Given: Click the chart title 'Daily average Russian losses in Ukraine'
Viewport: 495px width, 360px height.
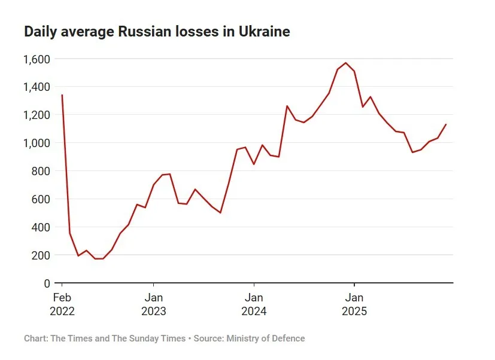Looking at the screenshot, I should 157,32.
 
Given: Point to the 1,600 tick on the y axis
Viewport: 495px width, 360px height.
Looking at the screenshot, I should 37,59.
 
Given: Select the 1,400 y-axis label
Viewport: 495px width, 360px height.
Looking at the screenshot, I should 37,87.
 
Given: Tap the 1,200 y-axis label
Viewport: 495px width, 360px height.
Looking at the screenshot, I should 37,115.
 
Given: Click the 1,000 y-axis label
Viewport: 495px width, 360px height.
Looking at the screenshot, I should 37,143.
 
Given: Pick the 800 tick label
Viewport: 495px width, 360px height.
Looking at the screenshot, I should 41,171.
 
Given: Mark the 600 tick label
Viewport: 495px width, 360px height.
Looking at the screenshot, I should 41,199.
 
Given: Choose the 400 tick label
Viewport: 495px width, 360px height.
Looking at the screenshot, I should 41,227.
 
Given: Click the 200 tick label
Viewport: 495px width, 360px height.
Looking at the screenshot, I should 41,255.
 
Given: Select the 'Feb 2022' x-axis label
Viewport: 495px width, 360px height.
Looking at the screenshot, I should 62,304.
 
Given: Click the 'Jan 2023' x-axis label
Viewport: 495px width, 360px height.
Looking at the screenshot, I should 154,304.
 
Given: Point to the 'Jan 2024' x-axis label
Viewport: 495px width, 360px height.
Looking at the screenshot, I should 254,304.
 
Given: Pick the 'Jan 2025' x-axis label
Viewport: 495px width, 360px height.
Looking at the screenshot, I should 354,304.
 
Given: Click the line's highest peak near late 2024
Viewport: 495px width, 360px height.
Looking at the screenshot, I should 346,63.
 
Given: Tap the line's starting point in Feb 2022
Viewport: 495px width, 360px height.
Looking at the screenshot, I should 62,95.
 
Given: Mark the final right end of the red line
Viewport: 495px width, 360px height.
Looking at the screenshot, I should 446,124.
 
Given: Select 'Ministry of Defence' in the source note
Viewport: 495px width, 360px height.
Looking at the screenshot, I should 265,338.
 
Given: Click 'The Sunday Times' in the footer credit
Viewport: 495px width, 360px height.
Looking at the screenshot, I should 148,338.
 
